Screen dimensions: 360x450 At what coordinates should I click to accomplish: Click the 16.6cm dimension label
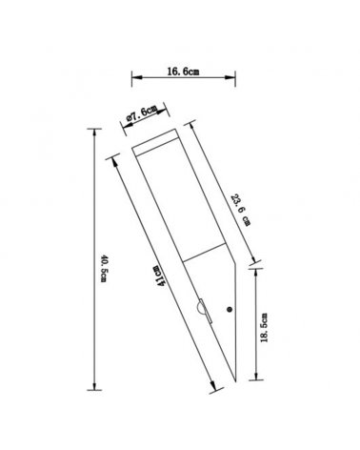[183, 72]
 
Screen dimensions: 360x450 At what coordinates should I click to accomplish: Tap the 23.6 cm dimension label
[241, 210]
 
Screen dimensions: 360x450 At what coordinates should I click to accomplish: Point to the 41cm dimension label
[160, 276]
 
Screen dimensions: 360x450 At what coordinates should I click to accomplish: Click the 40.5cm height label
[104, 268]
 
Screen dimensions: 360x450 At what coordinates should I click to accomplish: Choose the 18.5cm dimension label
[264, 328]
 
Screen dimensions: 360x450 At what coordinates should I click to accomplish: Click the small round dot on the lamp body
[229, 309]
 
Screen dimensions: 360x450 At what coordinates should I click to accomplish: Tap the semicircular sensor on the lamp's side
[200, 308]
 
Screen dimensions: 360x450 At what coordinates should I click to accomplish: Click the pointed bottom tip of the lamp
[235, 381]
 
